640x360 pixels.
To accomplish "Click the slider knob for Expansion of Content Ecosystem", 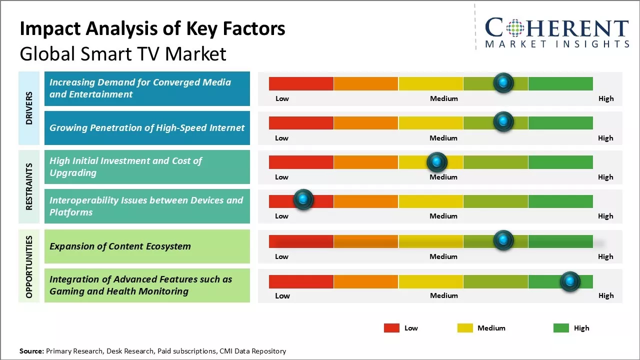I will click(x=503, y=240).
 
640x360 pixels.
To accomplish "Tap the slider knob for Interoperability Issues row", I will click(x=303, y=199).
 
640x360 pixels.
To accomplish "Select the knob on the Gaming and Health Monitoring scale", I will click(x=569, y=281).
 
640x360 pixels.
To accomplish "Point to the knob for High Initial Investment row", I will click(x=437, y=161).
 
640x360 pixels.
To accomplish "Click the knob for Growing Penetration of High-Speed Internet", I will click(x=503, y=121).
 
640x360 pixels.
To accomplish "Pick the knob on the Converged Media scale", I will click(x=503, y=82).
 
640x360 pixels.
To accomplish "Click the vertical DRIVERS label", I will click(x=29, y=108).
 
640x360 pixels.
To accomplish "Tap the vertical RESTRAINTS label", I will click(x=29, y=186).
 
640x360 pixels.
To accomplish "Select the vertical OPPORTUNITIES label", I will click(x=29, y=266).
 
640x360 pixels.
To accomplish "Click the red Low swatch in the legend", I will click(x=391, y=328).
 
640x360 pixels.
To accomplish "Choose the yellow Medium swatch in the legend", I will click(x=465, y=328).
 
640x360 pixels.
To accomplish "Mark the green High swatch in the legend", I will click(x=561, y=328).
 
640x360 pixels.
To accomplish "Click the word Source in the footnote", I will click(x=31, y=351).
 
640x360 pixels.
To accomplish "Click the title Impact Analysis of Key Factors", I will click(x=152, y=28).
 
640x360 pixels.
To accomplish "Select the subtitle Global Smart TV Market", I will click(x=123, y=54).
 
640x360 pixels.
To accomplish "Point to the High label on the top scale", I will click(x=605, y=98).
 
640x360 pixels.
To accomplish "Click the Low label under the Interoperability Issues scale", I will click(x=281, y=216).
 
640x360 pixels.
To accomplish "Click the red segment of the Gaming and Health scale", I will click(x=301, y=281).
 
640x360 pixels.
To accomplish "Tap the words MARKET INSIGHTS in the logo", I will click(x=557, y=44).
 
